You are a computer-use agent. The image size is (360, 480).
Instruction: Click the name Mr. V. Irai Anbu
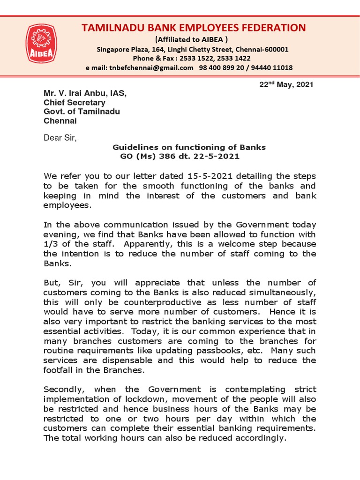pyautogui.click(x=78, y=94)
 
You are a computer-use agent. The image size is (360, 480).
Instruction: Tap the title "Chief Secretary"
pyautogui.click(x=75, y=103)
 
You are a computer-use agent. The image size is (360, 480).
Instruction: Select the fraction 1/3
pyautogui.click(x=52, y=244)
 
